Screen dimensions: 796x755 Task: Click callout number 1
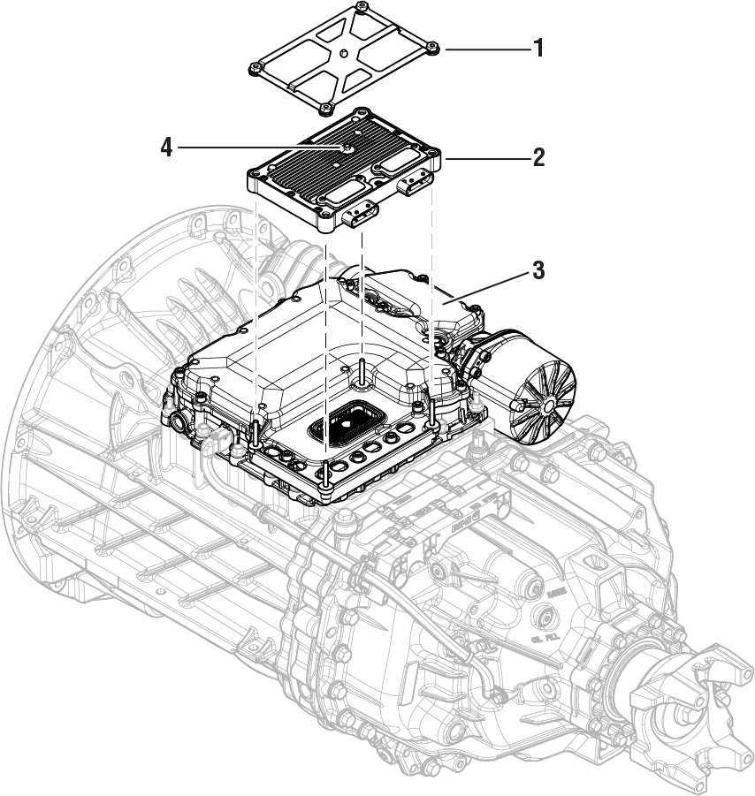[x=537, y=49]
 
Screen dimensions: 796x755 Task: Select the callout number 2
[x=537, y=158]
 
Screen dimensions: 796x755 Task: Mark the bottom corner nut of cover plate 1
[x=326, y=108]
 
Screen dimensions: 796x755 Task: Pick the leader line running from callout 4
[x=256, y=147]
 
